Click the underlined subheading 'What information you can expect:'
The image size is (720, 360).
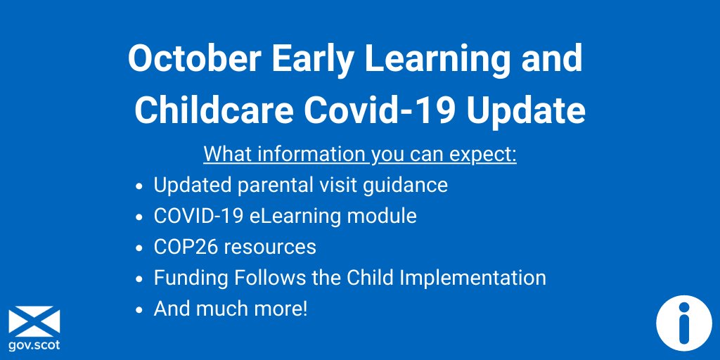click(360, 154)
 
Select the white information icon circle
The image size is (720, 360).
click(683, 323)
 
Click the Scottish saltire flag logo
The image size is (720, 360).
click(34, 321)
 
